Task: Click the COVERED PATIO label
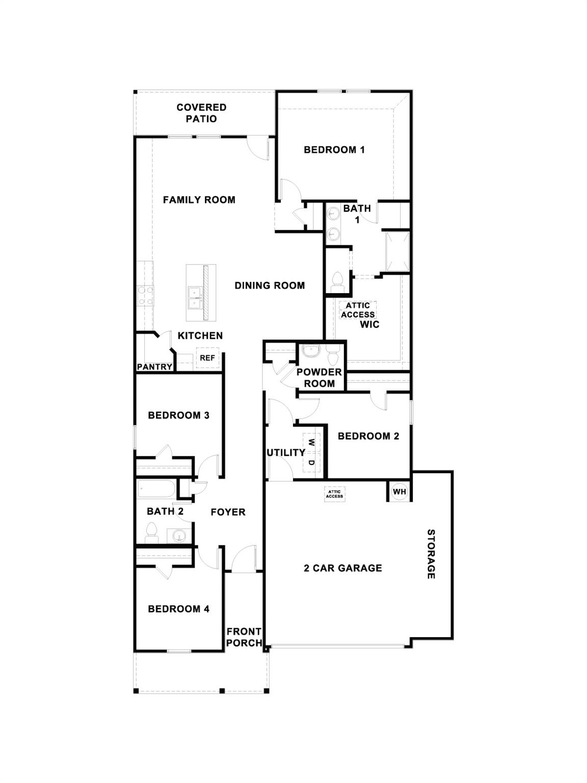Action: (x=201, y=113)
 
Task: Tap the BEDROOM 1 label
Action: (x=334, y=150)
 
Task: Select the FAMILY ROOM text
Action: (x=199, y=200)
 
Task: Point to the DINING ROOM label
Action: (x=270, y=285)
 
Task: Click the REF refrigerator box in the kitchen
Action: (x=207, y=358)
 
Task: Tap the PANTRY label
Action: (x=154, y=367)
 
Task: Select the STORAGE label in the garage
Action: (x=431, y=554)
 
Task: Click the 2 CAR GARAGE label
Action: (x=343, y=568)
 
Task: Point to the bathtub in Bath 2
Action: (x=156, y=490)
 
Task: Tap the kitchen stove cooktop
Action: (x=145, y=296)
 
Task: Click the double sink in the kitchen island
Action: (x=194, y=298)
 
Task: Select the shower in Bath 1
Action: (x=397, y=251)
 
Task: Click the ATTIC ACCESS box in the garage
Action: (x=335, y=493)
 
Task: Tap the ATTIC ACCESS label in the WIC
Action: (x=358, y=310)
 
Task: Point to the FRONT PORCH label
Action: (x=244, y=637)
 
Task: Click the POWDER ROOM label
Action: (x=319, y=378)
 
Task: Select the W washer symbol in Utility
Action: (x=311, y=441)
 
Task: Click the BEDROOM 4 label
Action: (x=178, y=609)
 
